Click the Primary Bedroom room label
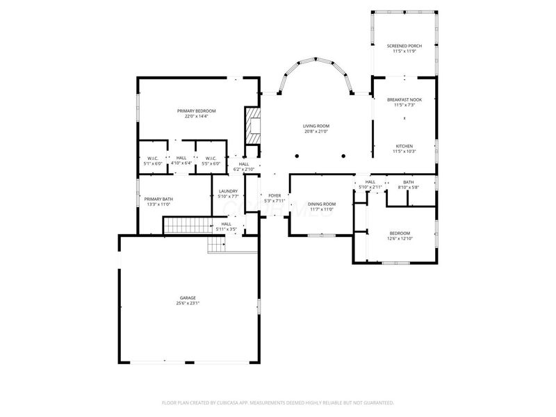(x=196, y=111)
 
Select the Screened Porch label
(x=403, y=46)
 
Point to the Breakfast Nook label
(x=404, y=100)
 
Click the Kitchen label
(x=404, y=146)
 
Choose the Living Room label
(x=316, y=126)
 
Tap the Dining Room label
(x=322, y=204)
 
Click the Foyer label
(x=275, y=196)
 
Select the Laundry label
(x=228, y=191)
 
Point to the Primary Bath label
(x=158, y=199)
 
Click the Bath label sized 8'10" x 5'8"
(x=408, y=182)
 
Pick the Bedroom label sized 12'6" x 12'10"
(x=400, y=233)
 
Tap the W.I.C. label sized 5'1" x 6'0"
(x=153, y=158)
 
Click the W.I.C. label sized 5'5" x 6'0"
(x=211, y=158)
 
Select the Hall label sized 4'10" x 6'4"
(x=181, y=158)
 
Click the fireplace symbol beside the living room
(x=253, y=126)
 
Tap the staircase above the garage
(x=186, y=225)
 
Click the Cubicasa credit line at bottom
(x=278, y=402)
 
